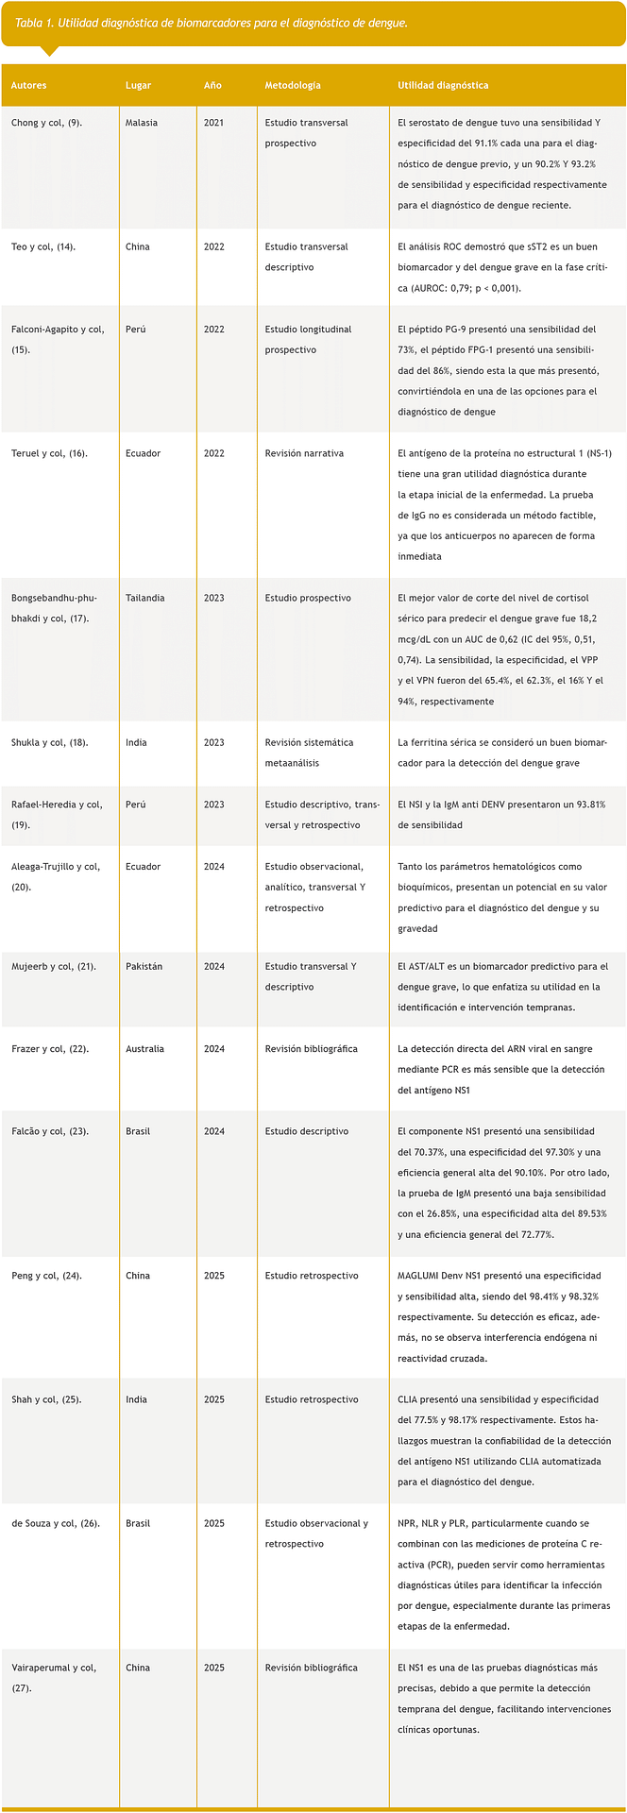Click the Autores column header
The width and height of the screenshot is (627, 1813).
[x=28, y=85]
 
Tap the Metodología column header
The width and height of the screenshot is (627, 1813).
[x=293, y=85]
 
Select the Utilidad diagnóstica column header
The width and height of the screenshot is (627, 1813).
[x=443, y=85]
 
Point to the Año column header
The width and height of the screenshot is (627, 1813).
[x=212, y=85]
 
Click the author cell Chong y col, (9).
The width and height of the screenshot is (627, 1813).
[x=46, y=123]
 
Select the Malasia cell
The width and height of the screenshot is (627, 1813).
[x=142, y=123]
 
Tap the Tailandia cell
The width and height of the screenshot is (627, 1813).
[x=144, y=598]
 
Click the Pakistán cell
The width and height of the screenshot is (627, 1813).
[x=144, y=966]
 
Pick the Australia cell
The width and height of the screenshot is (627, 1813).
[x=144, y=1048]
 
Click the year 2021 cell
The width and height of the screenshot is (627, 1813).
[x=213, y=123]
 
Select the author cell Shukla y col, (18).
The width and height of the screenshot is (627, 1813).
[x=49, y=742]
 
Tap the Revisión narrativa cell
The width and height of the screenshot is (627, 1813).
[x=304, y=453]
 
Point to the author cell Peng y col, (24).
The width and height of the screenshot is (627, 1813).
[x=46, y=1276]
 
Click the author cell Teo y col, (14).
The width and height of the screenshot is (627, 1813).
[x=43, y=246]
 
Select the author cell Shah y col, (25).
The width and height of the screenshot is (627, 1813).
[x=46, y=1399]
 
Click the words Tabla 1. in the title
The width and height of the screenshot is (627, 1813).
[x=34, y=23]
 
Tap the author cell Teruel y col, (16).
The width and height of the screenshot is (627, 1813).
[x=49, y=453]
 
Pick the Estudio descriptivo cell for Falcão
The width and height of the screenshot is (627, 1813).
[x=306, y=1131]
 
